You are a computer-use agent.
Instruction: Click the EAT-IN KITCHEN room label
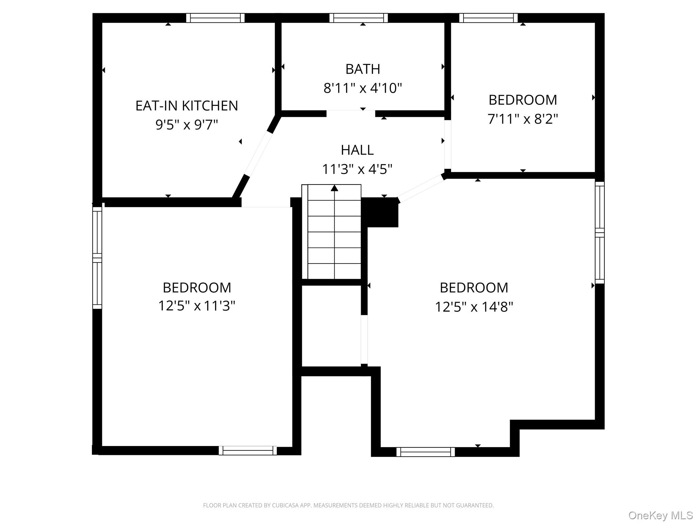[x=187, y=106]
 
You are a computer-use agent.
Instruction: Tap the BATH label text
[x=363, y=69]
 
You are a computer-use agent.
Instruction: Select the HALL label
[x=357, y=150]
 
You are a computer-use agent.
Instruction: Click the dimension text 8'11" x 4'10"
[x=363, y=88]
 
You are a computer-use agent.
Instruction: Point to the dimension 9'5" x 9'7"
[x=187, y=125]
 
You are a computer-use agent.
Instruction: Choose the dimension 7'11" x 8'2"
[x=523, y=119]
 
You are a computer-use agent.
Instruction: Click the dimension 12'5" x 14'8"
[x=474, y=307]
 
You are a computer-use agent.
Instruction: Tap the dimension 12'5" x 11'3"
[x=197, y=306]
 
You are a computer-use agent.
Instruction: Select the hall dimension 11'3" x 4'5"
[x=357, y=169]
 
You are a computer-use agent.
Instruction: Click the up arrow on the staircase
[x=335, y=188]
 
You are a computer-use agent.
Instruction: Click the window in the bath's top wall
[x=359, y=18]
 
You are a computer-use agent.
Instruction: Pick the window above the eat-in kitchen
[x=215, y=18]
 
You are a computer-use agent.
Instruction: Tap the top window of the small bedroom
[x=488, y=18]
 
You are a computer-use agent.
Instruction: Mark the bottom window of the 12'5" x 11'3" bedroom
[x=248, y=450]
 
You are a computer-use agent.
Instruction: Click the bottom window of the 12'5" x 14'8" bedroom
[x=425, y=452]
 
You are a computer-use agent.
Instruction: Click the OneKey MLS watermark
[x=661, y=515]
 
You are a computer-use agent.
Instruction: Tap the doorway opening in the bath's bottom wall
[x=351, y=114]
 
